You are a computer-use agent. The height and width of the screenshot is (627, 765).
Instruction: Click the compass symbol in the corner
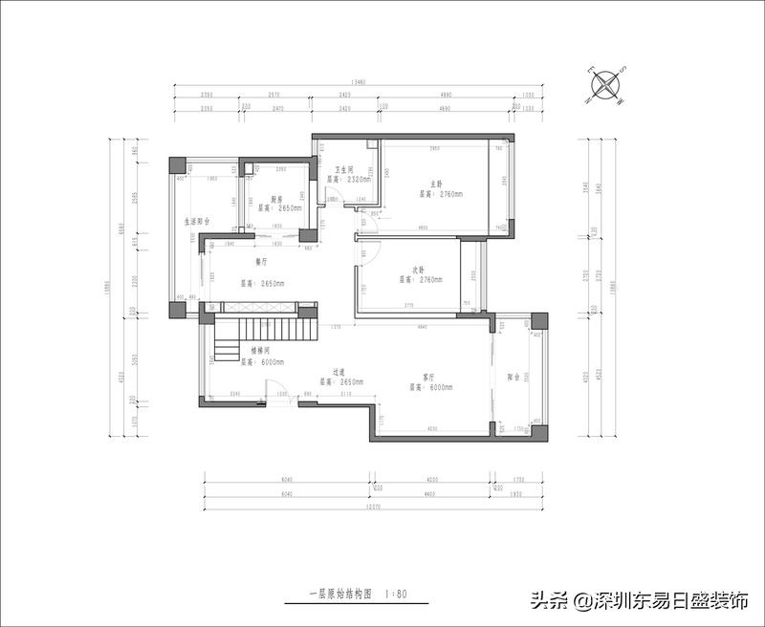point(606,84)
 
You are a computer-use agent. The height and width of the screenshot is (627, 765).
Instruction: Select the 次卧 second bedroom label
point(419,270)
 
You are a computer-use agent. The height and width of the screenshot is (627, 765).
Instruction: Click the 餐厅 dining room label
point(261,260)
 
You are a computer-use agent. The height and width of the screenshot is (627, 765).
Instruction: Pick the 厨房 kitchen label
point(277,198)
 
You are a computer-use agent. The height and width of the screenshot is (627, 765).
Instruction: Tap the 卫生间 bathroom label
point(343,169)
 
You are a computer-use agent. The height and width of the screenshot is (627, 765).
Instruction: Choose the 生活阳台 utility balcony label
point(197,221)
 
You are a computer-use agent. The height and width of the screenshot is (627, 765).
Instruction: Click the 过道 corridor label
point(339,372)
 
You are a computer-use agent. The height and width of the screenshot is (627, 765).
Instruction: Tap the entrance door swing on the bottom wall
point(276,396)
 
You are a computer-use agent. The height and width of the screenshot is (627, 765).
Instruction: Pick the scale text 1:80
point(396,594)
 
